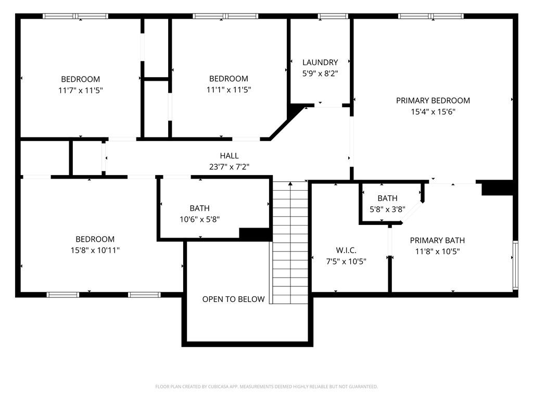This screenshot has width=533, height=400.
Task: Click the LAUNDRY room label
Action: (320, 63)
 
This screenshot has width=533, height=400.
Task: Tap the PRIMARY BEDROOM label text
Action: (433, 101)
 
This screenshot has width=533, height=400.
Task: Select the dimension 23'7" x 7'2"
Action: (229, 167)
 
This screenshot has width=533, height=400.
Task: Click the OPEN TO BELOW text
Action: (233, 299)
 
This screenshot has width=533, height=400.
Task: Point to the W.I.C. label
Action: (346, 251)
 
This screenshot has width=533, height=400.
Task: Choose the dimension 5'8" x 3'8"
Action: (387, 209)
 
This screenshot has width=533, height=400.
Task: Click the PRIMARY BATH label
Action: (437, 240)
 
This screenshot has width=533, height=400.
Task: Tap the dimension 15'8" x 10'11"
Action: (95, 250)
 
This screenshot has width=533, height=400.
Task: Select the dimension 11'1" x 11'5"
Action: (229, 90)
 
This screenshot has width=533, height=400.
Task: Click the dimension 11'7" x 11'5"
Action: (81, 90)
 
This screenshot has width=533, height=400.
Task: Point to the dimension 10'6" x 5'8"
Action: (199, 219)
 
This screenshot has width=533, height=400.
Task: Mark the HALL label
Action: (229, 155)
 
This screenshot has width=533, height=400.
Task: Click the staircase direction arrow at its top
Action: (290, 183)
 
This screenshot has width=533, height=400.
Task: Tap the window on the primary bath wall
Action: (515, 265)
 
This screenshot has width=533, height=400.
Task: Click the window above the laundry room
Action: (333, 16)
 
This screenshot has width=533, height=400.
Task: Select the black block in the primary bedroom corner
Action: (497, 187)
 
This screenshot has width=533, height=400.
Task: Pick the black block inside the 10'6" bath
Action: (255, 234)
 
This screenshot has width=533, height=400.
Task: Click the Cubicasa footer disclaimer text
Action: (266, 386)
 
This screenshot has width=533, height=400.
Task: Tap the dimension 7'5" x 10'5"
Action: (346, 261)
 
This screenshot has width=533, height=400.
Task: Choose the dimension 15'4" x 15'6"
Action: (433, 111)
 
